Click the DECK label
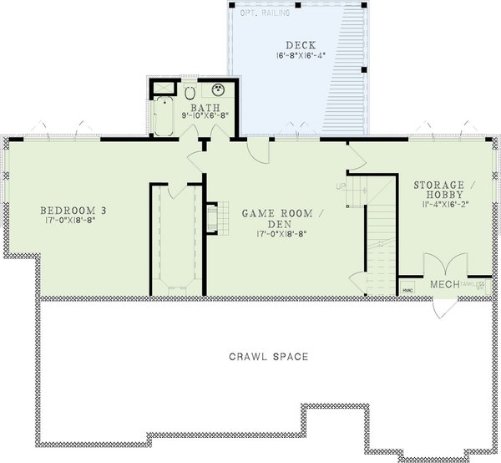click(299, 45)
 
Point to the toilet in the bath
click(190, 92)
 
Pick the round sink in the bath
click(219, 92)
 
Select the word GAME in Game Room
click(260, 214)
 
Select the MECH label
click(443, 285)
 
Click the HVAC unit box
click(407, 289)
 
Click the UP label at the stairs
click(340, 185)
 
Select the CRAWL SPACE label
click(269, 357)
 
